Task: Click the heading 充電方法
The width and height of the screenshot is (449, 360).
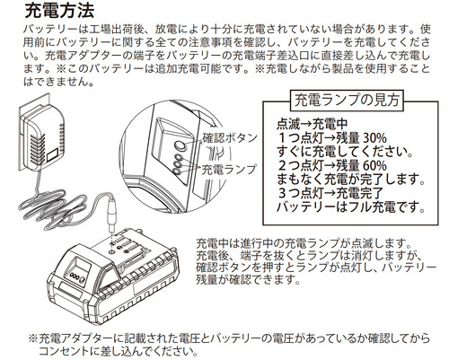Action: click(x=59, y=11)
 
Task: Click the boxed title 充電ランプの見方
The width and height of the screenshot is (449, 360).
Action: click(x=348, y=100)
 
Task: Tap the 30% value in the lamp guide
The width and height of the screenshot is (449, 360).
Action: click(x=374, y=137)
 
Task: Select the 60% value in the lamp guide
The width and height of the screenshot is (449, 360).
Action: click(x=374, y=165)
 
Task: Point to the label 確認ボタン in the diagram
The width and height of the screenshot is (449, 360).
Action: click(x=230, y=138)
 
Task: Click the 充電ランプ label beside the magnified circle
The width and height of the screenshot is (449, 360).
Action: click(x=229, y=170)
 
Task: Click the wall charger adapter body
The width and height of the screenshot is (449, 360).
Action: click(x=42, y=137)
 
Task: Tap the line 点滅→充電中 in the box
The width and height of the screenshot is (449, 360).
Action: click(x=312, y=124)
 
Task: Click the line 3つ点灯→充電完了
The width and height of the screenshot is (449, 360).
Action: click(x=330, y=193)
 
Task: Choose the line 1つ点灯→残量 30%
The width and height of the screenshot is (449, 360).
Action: click(x=332, y=137)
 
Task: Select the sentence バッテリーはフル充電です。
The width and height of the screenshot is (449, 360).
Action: click(x=350, y=207)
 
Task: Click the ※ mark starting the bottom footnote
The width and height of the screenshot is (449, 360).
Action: click(x=32, y=338)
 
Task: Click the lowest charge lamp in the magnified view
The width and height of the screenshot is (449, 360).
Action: click(x=177, y=171)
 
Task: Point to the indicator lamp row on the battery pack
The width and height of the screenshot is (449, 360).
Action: click(x=77, y=276)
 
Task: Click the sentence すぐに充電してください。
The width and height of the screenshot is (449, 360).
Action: click(x=345, y=152)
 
